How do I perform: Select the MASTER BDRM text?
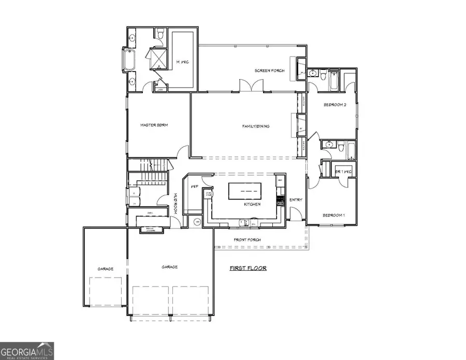(x=154, y=125)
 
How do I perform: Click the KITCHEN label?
(x=252, y=205)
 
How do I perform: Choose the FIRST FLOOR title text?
(x=248, y=268)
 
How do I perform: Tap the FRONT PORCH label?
(x=247, y=240)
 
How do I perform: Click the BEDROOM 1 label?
(x=334, y=214)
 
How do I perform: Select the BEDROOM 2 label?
(x=334, y=105)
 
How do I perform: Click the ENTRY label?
(x=296, y=200)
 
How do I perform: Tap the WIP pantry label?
(x=195, y=186)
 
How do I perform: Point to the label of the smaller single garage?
(x=105, y=269)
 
